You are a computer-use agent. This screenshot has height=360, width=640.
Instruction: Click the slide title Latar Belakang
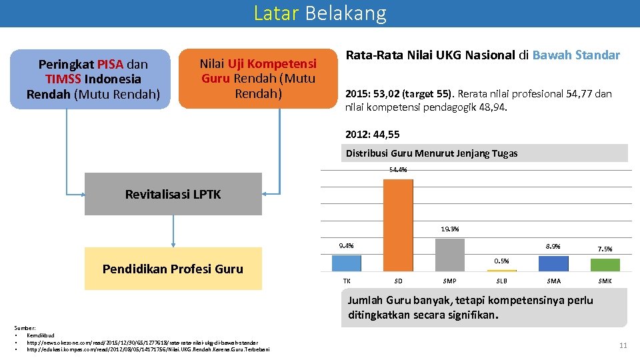[319, 13]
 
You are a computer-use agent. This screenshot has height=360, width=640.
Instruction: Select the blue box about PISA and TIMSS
[93, 79]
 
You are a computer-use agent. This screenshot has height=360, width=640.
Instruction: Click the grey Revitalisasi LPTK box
[173, 194]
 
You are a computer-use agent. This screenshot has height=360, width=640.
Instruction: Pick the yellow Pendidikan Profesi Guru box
[173, 269]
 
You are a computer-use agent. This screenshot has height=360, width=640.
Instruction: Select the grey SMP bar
[449, 255]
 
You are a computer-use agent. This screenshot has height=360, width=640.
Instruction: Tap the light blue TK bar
[347, 263]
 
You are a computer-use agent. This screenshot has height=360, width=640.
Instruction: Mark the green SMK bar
[605, 265]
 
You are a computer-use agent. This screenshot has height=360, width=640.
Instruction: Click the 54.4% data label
[398, 170]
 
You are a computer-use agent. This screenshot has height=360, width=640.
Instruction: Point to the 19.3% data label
[449, 229]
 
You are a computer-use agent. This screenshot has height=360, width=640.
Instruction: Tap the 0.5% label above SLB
[501, 261]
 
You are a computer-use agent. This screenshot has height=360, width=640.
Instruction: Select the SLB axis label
[501, 281]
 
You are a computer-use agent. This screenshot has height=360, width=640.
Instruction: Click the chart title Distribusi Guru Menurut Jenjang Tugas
[431, 153]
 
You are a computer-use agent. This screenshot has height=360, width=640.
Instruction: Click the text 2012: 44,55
[372, 134]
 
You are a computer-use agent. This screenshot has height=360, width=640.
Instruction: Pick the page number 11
[623, 345]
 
